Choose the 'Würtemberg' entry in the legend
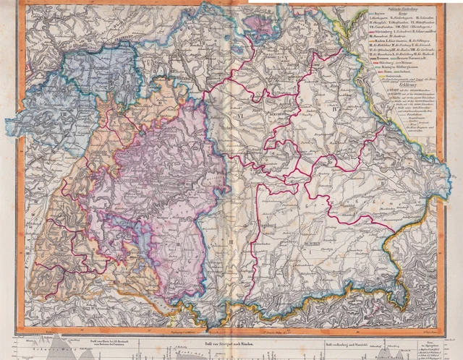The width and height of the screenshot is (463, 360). pos(390,53)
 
